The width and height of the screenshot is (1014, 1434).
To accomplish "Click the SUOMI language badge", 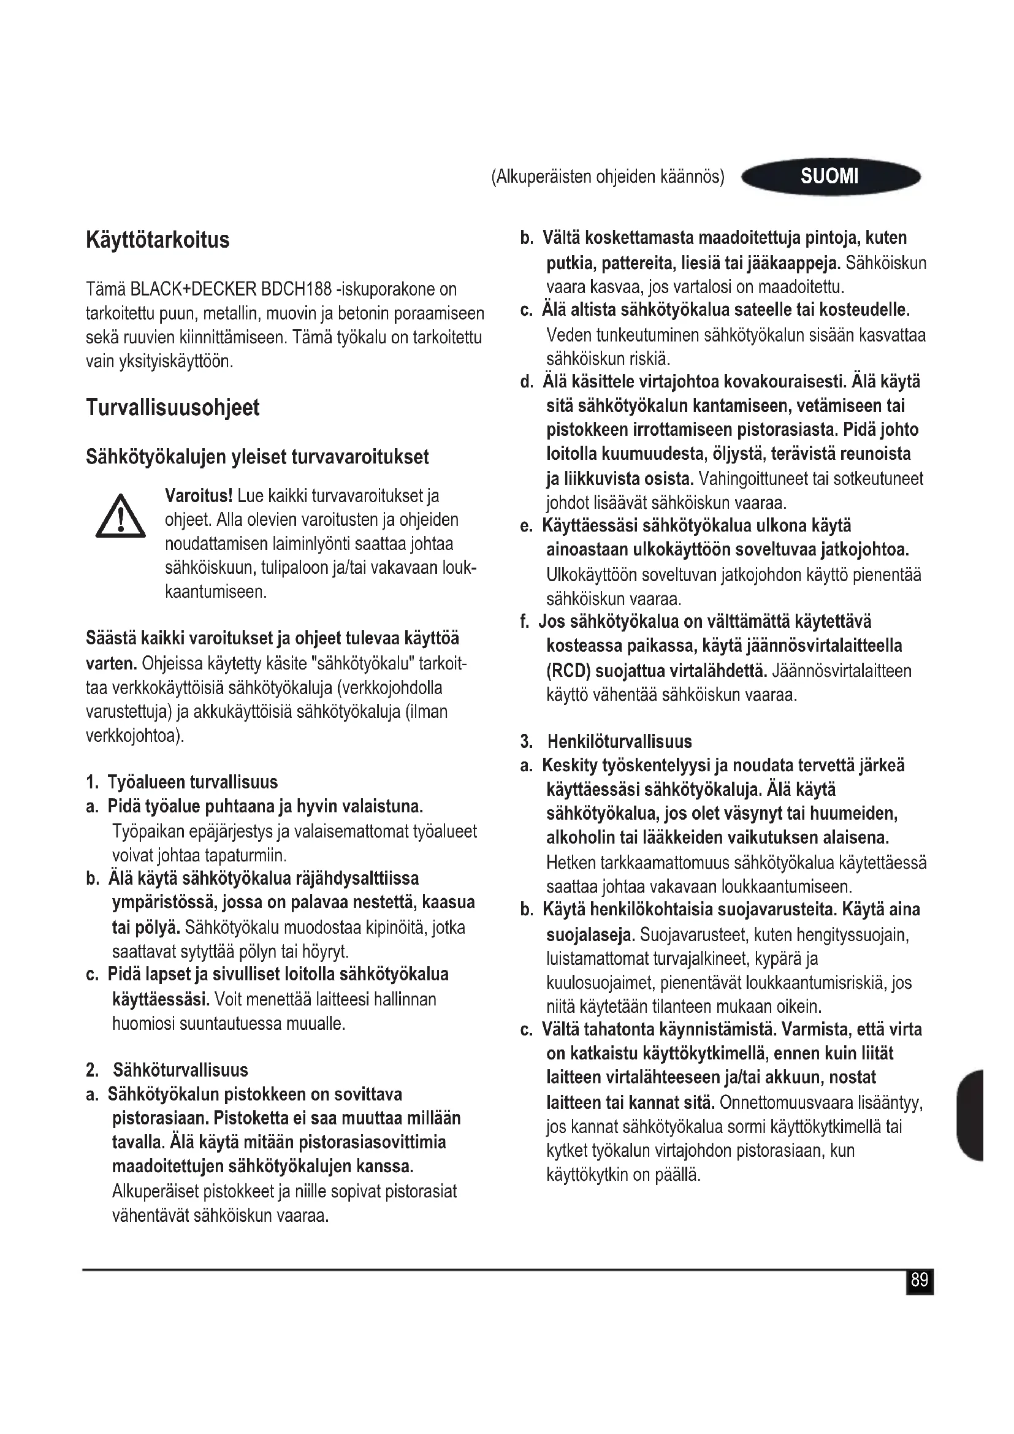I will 830,176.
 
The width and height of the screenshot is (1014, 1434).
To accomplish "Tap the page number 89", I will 919,1281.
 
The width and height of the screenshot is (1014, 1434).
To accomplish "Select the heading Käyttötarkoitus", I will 158,240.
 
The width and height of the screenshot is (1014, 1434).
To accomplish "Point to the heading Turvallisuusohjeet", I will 172,408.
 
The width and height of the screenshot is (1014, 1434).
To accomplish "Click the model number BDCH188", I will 296,289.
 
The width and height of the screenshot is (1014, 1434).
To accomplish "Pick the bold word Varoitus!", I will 199,496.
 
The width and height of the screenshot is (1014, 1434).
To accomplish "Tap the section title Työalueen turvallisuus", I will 193,782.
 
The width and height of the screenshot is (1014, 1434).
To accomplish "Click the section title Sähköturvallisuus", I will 180,1070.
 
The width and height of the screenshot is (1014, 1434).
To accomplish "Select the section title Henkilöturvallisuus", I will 619,742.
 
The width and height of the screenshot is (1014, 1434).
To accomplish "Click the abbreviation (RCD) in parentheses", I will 568,671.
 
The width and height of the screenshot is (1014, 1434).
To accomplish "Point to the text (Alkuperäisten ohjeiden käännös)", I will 608,177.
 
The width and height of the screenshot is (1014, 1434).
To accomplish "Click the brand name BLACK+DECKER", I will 193,289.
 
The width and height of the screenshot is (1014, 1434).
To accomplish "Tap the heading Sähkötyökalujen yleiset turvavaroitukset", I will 257,457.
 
